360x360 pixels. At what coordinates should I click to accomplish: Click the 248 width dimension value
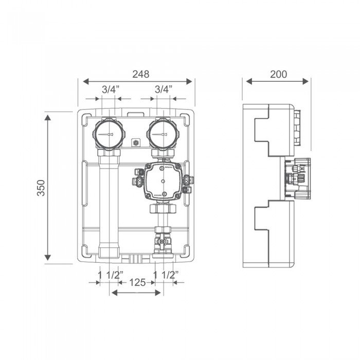141,74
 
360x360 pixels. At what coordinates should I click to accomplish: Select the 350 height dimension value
41,188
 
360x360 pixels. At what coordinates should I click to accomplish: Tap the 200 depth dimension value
278,74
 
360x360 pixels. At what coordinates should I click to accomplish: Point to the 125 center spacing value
137,282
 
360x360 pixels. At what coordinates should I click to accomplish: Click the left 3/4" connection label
111,89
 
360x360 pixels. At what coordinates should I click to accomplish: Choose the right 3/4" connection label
164,89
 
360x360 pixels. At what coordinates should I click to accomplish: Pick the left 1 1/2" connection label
111,275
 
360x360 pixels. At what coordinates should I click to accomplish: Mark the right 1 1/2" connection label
166,275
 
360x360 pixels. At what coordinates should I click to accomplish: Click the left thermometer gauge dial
109,134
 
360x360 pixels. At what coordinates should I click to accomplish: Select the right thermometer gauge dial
163,134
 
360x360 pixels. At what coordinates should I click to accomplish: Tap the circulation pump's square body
163,181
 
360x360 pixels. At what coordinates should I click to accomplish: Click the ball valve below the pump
163,242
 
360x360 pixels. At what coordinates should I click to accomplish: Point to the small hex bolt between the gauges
136,143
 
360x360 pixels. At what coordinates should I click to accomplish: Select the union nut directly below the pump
163,208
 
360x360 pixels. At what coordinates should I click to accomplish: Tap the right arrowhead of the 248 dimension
189,81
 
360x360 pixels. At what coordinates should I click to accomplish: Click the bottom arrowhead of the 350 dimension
47,258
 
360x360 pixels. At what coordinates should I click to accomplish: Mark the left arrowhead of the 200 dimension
249,81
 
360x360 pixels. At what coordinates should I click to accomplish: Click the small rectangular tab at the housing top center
136,114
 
